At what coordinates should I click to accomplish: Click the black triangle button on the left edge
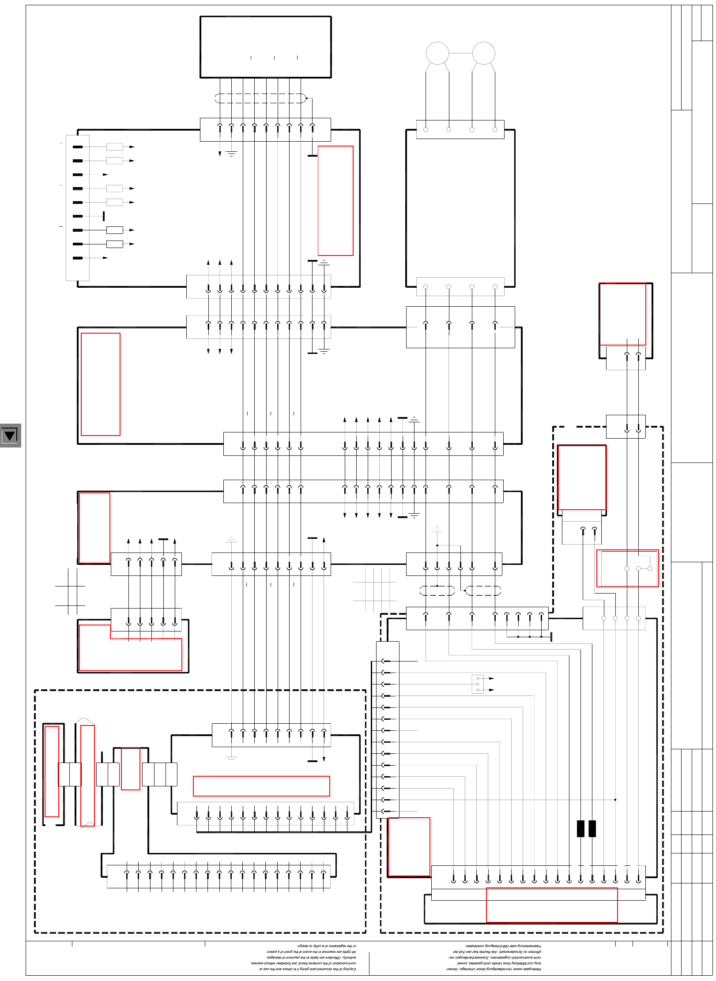pos(10,436)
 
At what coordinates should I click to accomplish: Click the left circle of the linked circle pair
pos(437,53)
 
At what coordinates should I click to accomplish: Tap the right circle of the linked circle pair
pos(484,53)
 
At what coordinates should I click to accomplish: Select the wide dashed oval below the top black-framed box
pos(260,98)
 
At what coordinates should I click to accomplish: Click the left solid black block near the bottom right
pos(580,829)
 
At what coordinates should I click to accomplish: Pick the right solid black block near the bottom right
pos(592,829)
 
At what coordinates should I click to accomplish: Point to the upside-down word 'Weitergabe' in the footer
pos(532,969)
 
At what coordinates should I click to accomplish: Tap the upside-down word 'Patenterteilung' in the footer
pos(530,946)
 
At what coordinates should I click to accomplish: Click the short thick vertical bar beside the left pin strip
pos(104,216)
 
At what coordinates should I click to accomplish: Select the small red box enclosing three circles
pos(627,568)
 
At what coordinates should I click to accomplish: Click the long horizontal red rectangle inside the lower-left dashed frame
pos(261,786)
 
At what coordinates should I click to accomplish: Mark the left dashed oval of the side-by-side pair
pos(437,590)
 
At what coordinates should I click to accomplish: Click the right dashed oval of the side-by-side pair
pos(483,590)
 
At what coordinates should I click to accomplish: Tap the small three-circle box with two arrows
pos(478,684)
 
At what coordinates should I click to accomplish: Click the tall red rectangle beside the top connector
pos(335,201)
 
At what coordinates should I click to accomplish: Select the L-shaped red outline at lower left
pos(130,649)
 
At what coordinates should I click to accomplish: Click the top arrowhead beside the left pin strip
pos(132,147)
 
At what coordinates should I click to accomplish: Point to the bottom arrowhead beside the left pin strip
pos(106,258)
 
